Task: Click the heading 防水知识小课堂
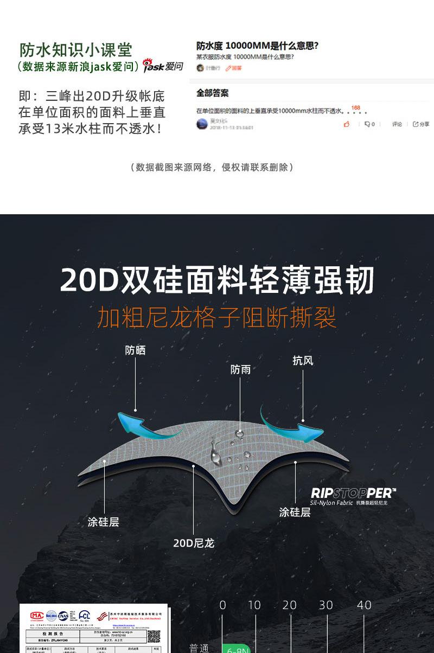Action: click(76, 50)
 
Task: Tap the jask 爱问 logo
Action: click(163, 67)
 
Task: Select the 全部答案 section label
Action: click(212, 93)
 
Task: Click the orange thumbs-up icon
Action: click(347, 124)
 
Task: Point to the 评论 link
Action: click(397, 124)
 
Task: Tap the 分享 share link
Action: click(421, 124)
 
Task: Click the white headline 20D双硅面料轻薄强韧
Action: click(217, 280)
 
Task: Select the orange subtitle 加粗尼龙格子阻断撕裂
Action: click(217, 318)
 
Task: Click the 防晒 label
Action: click(135, 350)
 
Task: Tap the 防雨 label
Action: click(240, 369)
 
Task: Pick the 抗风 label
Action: click(303, 361)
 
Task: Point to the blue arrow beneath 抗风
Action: click(290, 425)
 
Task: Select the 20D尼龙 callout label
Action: click(194, 543)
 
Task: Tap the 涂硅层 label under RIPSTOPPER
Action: click(295, 512)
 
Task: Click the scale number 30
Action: click(325, 605)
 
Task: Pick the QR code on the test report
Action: click(154, 636)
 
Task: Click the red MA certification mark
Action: click(37, 616)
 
